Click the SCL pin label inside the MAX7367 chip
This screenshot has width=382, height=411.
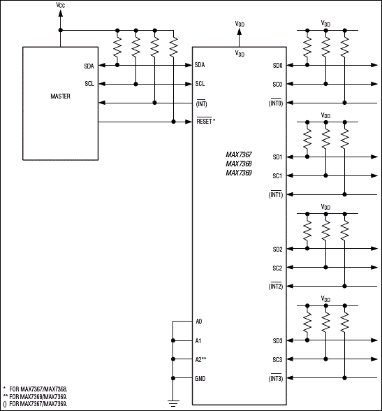pos(200,84)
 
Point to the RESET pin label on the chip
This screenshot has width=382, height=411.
pos(205,121)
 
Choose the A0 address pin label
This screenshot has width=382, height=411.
pos(199,322)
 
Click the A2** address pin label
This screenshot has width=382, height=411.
pos(202,359)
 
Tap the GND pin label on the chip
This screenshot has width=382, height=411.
pos(201,378)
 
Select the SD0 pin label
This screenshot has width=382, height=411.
pos(277,66)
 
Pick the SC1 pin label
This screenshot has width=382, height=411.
pos(277,175)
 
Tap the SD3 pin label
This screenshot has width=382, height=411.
pos(277,340)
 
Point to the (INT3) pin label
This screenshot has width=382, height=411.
pos(276,378)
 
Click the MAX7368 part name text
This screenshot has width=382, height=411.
pos(238,164)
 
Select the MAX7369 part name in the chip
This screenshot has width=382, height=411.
pos(238,173)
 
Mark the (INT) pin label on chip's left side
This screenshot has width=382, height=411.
pos(201,103)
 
